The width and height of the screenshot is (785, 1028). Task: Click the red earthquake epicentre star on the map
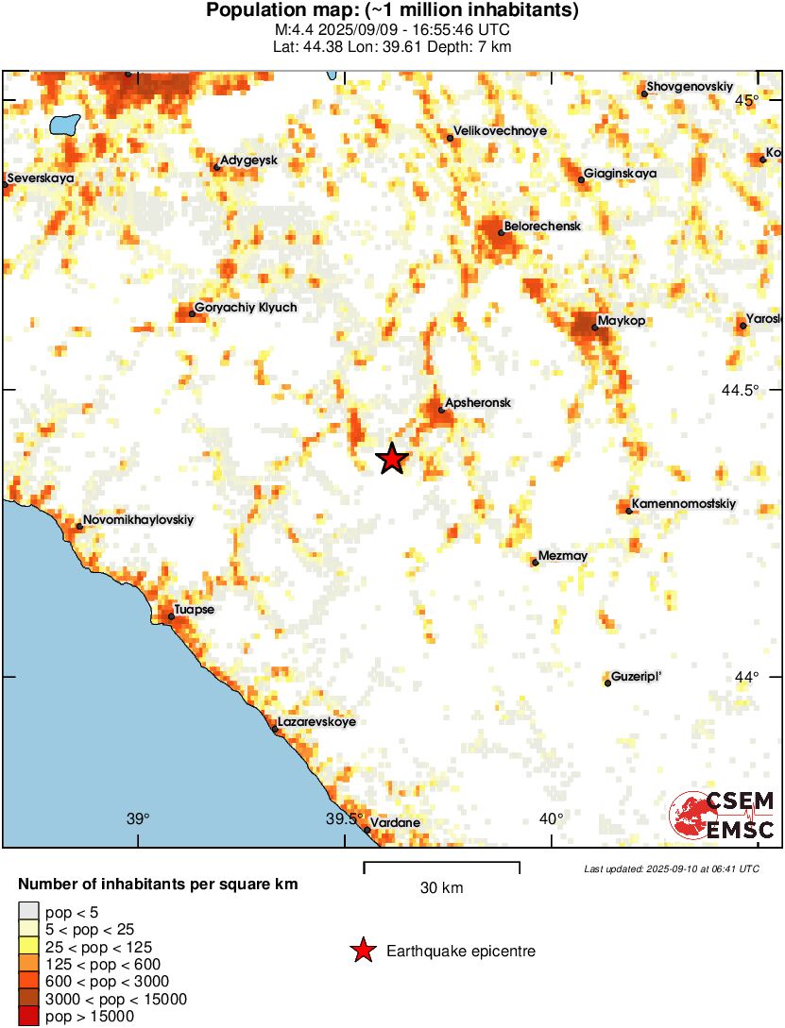392,459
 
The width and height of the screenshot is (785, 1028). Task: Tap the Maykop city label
622,322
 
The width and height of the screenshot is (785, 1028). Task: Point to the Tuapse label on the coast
194,610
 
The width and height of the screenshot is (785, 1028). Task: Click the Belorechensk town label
542,227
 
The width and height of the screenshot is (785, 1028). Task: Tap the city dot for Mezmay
536,563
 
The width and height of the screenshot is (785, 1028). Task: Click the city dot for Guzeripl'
607,683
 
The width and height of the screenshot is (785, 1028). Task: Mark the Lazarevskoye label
316,722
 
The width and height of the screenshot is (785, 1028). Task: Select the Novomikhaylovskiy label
138,519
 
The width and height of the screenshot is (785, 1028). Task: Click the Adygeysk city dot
216,168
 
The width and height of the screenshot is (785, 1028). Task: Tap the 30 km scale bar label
441,888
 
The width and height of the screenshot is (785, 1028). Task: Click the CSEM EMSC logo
723,815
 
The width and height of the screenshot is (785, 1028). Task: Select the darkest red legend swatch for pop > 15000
29,1017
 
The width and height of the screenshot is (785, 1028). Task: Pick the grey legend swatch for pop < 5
29,911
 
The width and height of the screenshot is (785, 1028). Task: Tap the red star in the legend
362,952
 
